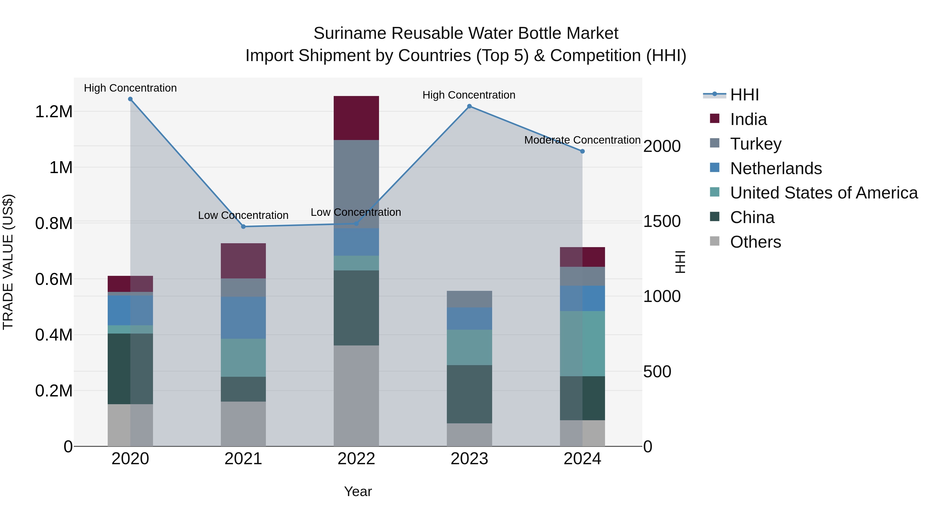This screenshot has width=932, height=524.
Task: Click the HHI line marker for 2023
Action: click(x=469, y=106)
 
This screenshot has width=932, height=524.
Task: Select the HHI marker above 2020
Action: click(x=130, y=99)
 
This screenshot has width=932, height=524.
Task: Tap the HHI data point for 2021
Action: click(x=243, y=227)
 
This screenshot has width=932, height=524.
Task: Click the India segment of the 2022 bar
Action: click(x=356, y=118)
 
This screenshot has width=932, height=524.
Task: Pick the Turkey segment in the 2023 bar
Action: click(x=469, y=299)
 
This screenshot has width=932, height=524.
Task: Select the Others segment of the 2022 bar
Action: click(x=356, y=396)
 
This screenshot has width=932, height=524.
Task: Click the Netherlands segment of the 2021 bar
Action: click(x=243, y=318)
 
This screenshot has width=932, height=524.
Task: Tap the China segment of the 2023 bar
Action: click(x=469, y=394)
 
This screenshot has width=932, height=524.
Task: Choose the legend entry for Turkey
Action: click(x=755, y=144)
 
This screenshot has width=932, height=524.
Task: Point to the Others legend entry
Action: click(x=755, y=242)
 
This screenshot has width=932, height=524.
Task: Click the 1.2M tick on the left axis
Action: click(x=54, y=112)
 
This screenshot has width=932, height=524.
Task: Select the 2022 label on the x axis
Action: click(x=356, y=459)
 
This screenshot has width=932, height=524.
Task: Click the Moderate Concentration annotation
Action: click(x=582, y=140)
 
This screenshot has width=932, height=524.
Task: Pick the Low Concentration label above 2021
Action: click(x=243, y=215)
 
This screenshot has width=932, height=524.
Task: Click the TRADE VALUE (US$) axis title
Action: click(x=8, y=262)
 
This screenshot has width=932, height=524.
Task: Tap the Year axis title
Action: click(x=358, y=491)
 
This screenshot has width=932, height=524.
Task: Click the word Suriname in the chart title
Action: click(x=349, y=33)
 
